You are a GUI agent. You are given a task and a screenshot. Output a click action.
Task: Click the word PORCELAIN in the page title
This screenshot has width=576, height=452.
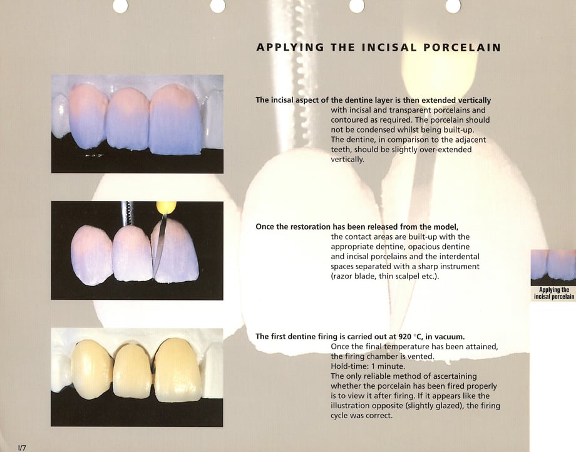tap(463, 48)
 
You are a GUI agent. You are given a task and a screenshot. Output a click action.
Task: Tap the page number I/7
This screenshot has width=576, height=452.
tap(22, 448)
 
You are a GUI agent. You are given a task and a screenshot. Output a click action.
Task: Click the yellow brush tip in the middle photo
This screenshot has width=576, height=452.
tap(166, 207)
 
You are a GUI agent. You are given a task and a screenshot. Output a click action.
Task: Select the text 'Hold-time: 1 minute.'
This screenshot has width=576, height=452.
tap(368, 366)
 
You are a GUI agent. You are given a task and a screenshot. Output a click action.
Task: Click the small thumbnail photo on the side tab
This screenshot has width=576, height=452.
tap(553, 265)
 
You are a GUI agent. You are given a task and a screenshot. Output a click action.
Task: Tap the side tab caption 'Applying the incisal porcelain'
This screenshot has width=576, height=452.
tap(554, 294)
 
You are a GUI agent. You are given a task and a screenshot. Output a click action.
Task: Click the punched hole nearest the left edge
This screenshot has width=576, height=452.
tap(120, 5)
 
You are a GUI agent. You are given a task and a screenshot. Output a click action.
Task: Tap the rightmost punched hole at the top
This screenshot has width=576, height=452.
tap(453, 5)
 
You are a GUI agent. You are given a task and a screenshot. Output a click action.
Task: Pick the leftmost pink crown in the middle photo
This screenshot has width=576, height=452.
tap(92, 255)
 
